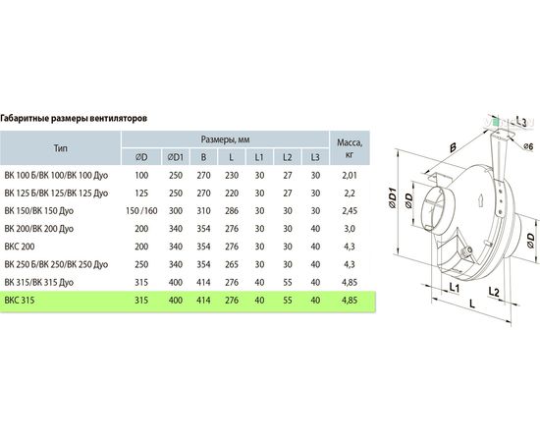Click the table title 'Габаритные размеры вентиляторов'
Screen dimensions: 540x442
(x=74, y=119)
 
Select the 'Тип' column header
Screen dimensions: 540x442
(x=61, y=148)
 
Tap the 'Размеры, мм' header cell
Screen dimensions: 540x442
(x=225, y=139)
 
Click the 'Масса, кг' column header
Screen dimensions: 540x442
(x=350, y=148)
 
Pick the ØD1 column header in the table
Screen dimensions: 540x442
(x=176, y=157)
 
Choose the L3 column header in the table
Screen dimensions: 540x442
(x=315, y=157)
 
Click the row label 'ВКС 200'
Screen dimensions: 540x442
(x=20, y=247)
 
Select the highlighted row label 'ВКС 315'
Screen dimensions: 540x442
(x=20, y=301)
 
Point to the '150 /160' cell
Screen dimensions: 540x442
(x=141, y=211)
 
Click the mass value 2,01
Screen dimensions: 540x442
(x=350, y=176)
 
